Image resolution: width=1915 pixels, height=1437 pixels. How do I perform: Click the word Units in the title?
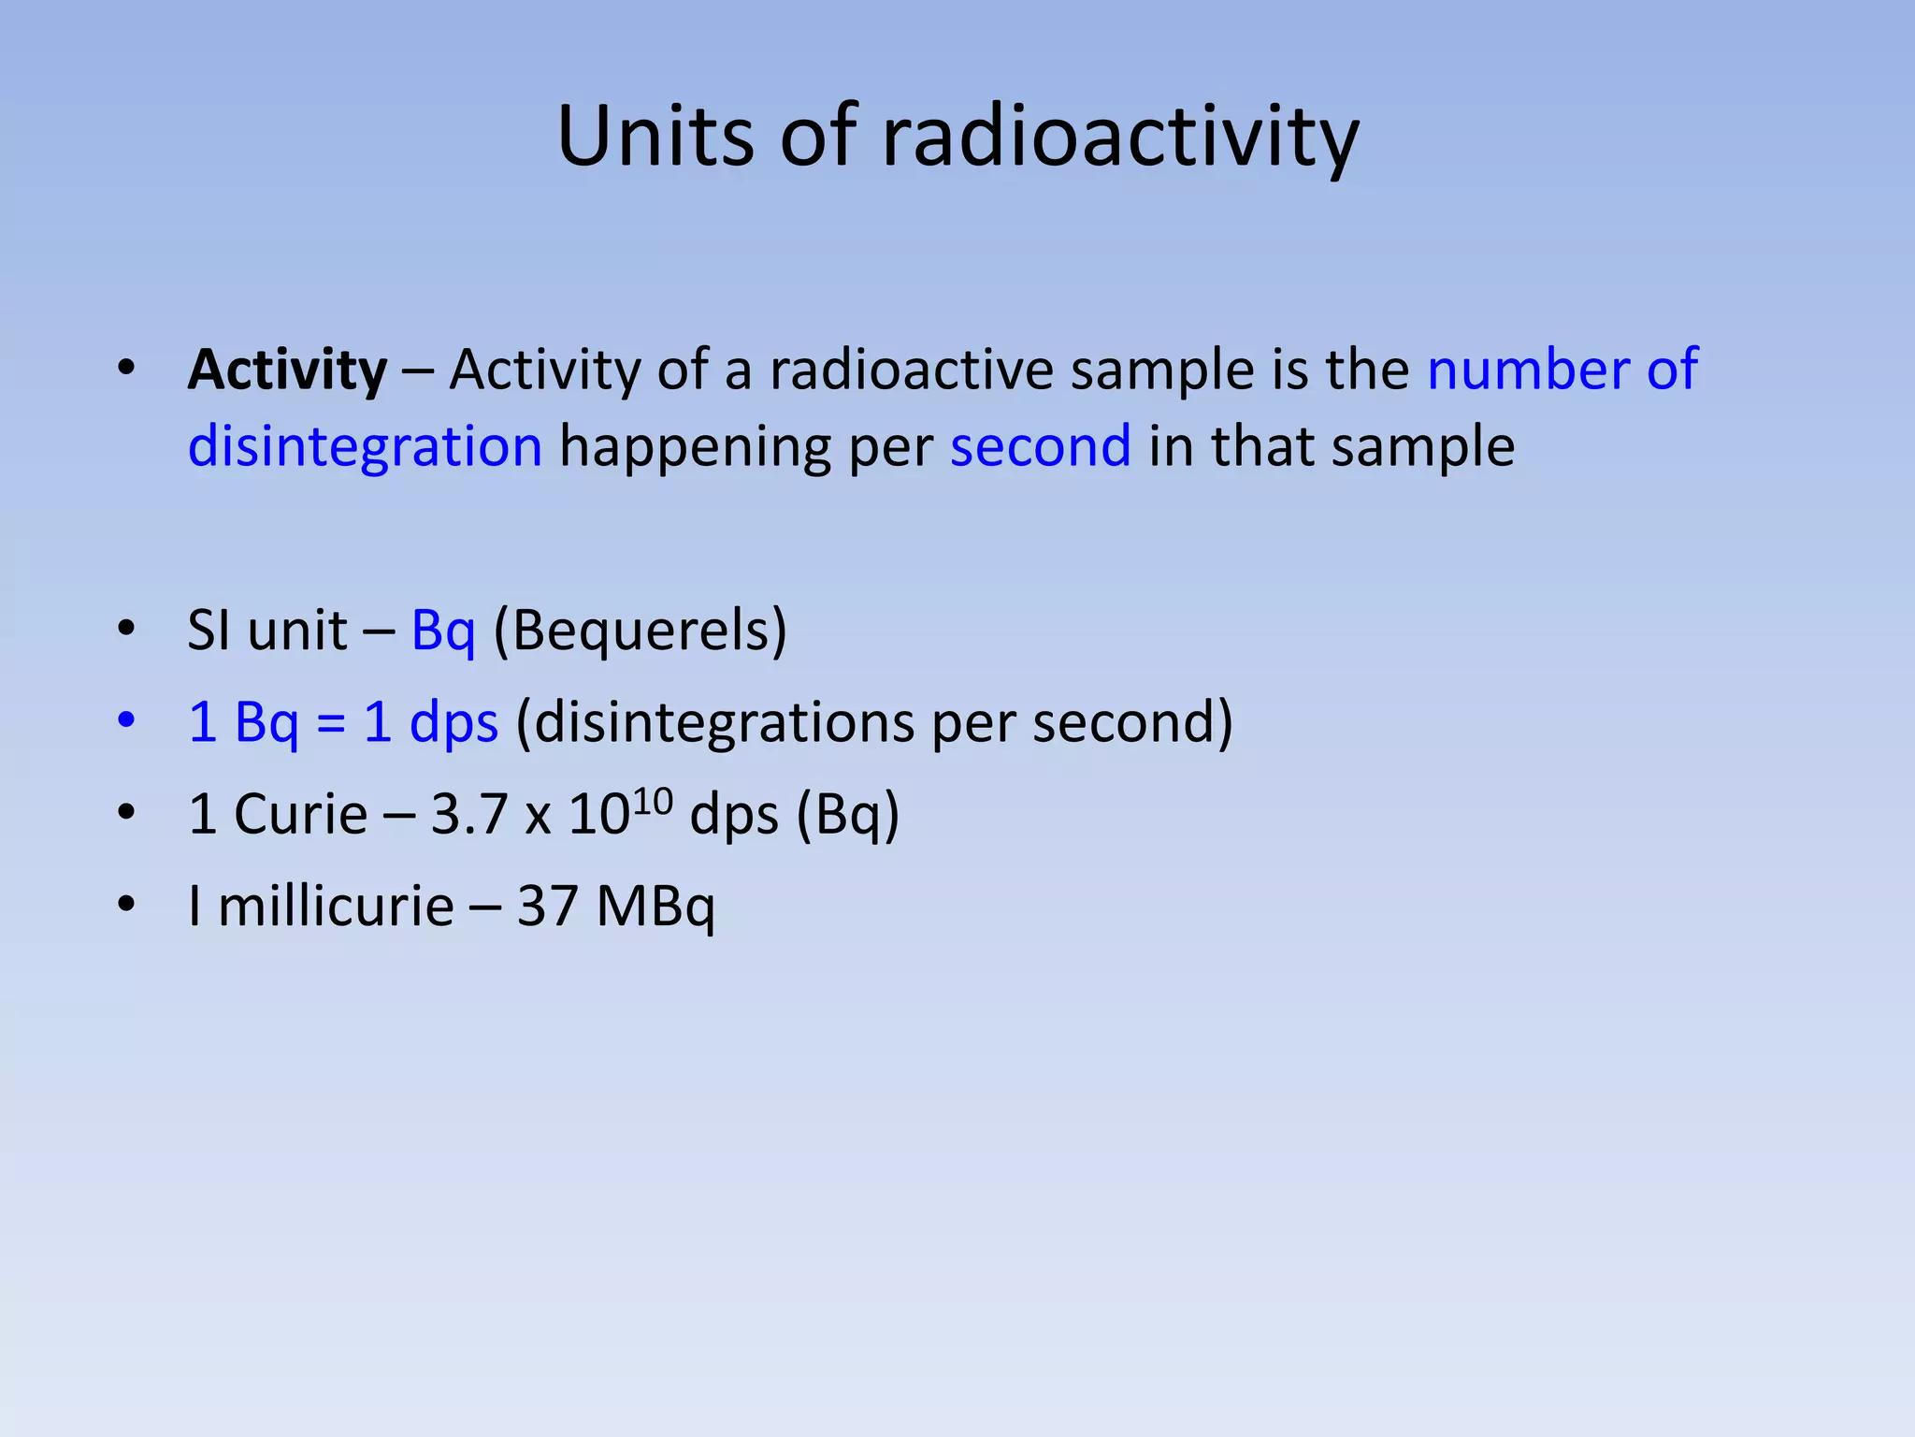654,137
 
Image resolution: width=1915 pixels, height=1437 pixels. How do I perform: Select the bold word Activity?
287,370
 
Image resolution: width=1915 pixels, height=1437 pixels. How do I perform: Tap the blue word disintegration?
365,446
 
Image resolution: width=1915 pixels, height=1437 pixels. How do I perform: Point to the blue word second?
1040,446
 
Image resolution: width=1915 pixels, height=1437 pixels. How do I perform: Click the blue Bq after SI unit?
443,631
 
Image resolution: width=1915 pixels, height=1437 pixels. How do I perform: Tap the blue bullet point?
126,721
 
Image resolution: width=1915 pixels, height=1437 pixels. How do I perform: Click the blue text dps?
454,724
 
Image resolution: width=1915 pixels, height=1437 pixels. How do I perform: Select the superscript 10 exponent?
653,800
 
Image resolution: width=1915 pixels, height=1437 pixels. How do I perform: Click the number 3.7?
468,814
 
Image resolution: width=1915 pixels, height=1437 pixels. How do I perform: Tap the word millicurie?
335,907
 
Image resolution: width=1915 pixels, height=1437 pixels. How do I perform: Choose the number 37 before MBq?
547,907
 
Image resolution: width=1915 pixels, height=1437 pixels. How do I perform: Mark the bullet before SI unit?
126,629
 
